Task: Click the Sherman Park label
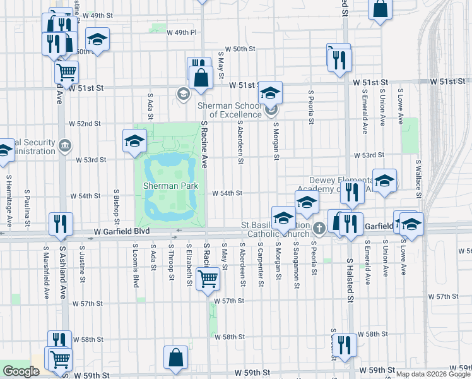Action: tap(170, 186)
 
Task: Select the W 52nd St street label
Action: tap(85, 123)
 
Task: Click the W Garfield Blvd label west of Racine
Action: tap(122, 232)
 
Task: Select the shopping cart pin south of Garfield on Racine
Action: tap(208, 278)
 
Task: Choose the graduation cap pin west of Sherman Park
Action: tap(134, 141)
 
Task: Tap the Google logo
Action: tap(21, 371)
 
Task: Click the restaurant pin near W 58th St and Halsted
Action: tap(344, 345)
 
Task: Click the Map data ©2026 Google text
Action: tap(433, 374)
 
